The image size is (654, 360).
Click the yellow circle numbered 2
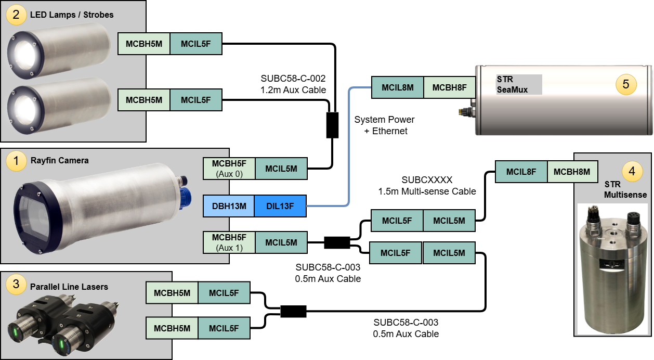16,15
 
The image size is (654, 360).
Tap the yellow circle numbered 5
626,84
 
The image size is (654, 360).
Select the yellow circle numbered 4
632,171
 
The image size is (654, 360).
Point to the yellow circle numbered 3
16,284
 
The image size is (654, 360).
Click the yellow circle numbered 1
16,161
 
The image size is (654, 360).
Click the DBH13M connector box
229,206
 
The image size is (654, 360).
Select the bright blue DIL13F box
280,206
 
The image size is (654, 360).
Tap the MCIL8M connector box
398,87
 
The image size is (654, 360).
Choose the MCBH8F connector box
450,87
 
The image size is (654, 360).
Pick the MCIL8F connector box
521,172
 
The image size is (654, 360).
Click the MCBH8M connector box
572,172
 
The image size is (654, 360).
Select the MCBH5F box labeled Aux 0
229,169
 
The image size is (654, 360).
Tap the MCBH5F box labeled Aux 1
229,242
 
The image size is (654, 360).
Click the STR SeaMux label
513,84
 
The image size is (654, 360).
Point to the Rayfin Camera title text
59,160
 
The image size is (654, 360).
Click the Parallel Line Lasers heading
69,286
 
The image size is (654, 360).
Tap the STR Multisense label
625,189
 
